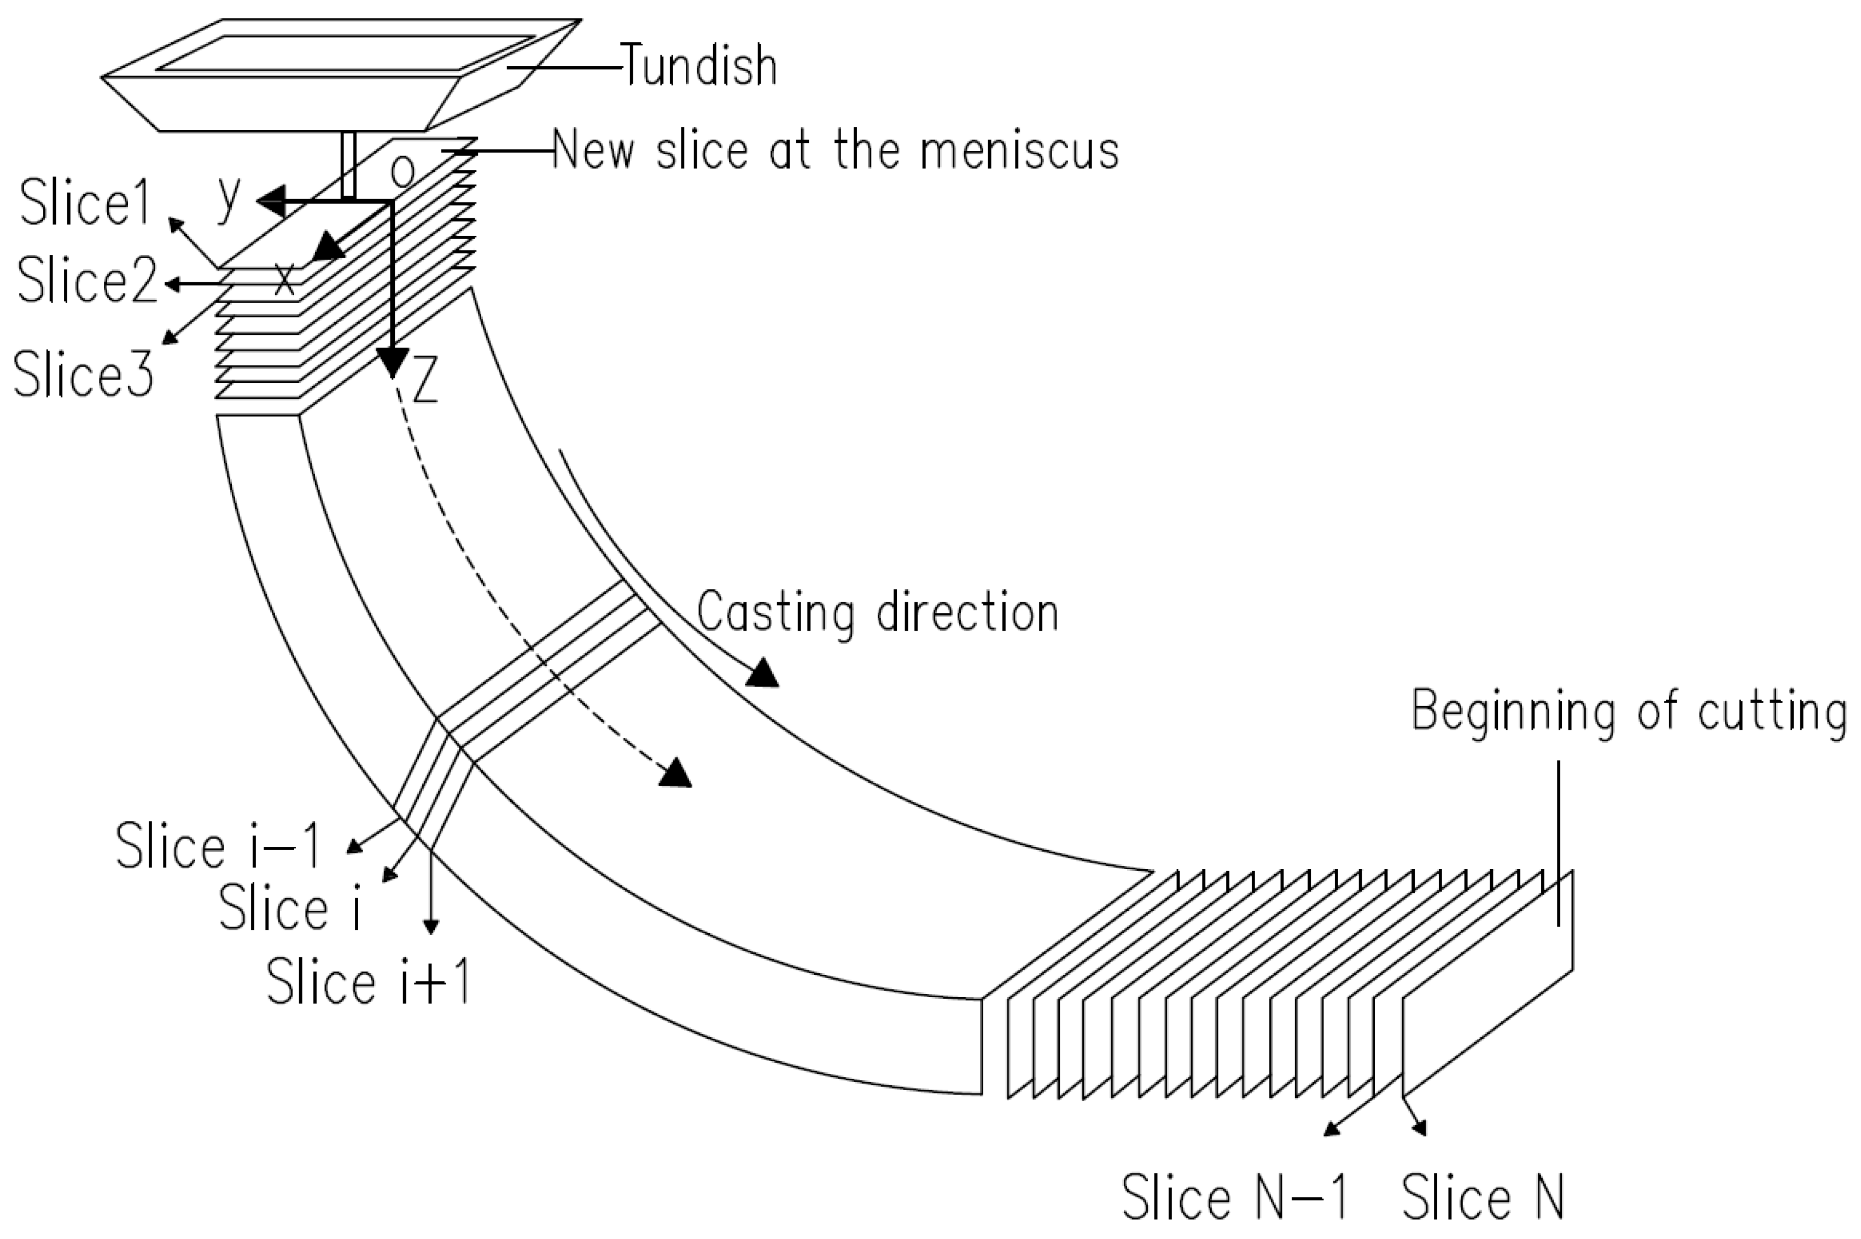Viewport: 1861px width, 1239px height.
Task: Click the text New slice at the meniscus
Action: pyautogui.click(x=835, y=150)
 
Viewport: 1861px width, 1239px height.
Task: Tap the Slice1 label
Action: pyautogui.click(x=85, y=203)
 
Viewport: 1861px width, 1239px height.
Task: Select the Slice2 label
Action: pyautogui.click(x=87, y=281)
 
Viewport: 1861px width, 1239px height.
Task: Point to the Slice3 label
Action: pyautogui.click(x=84, y=374)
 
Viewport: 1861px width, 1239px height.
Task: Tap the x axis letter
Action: pyautogui.click(x=284, y=277)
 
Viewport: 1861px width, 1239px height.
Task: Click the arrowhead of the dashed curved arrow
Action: pyautogui.click(x=676, y=773)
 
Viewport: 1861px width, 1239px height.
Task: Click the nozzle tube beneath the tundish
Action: pyautogui.click(x=348, y=164)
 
